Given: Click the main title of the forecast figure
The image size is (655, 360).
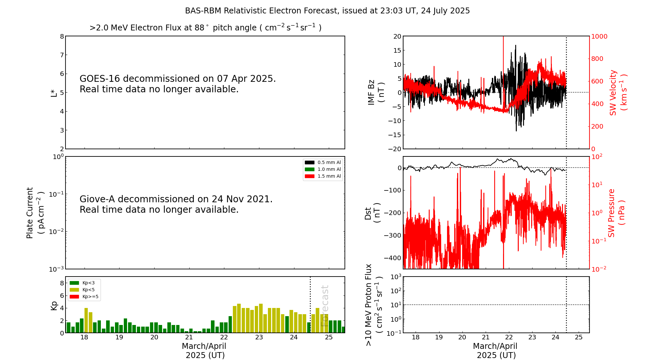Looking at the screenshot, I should (327, 11).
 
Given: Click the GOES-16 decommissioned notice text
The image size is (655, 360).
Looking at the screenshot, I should (178, 84).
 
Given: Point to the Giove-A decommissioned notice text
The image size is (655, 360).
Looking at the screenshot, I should (176, 204).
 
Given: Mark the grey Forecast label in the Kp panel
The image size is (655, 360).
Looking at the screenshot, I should (325, 306).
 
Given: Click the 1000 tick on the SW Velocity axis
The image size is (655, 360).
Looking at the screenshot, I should (599, 37).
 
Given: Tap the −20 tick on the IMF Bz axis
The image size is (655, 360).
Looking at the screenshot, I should (395, 149).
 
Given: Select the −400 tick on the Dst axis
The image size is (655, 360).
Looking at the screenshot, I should (393, 258).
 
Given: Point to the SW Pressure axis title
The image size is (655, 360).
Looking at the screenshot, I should (616, 213).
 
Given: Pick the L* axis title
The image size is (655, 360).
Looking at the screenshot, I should (54, 93).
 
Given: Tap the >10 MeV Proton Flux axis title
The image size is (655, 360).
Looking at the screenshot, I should (374, 305).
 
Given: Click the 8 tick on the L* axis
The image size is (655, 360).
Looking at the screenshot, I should (62, 36).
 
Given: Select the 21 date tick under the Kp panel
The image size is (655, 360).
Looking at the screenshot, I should (189, 337).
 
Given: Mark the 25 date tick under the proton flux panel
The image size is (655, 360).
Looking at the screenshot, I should (579, 337).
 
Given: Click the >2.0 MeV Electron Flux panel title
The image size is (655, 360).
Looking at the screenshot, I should (205, 27).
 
